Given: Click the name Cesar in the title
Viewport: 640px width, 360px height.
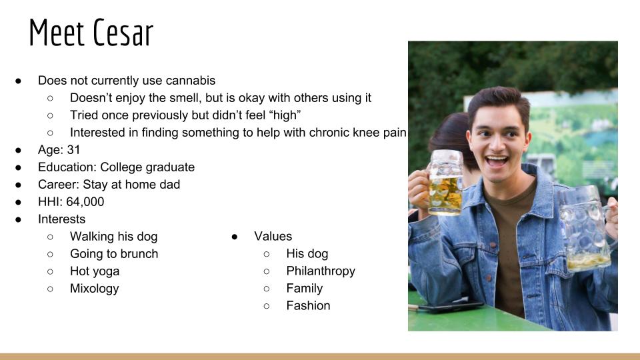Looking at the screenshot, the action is tap(123, 32).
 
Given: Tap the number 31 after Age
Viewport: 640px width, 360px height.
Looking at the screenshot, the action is tap(73, 150).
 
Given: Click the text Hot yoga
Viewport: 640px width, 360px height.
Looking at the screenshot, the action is tap(95, 271).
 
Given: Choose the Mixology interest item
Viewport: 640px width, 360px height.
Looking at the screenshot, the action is tap(94, 289).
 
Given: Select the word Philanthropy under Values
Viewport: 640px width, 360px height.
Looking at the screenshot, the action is tap(321, 271).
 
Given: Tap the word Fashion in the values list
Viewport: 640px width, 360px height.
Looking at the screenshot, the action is tap(308, 306).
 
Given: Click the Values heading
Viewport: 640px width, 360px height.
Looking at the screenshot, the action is tap(273, 236).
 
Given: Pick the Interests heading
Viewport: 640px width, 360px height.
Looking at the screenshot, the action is tap(61, 219).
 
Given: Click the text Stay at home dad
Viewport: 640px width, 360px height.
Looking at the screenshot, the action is tap(131, 185).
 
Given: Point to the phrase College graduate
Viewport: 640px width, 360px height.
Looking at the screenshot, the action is tap(147, 167).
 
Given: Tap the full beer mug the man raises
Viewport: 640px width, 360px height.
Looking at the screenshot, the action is tap(445, 183).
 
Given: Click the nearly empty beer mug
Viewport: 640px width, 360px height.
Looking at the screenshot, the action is tap(586, 229).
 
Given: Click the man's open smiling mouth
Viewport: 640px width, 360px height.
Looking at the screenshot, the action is tap(496, 161).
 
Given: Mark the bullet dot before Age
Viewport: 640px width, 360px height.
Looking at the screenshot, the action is tap(19, 150).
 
